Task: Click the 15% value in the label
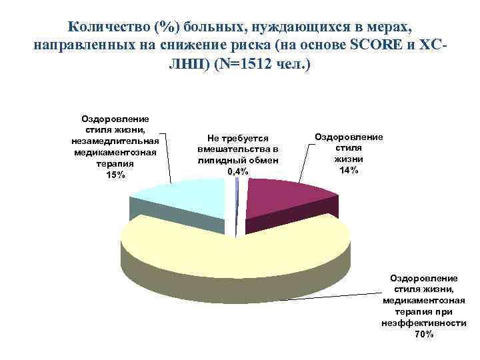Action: click(x=115, y=175)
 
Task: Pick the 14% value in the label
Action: click(x=349, y=170)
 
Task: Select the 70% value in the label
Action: click(x=423, y=334)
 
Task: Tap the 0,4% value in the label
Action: click(x=237, y=172)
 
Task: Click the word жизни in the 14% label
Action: click(x=349, y=159)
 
